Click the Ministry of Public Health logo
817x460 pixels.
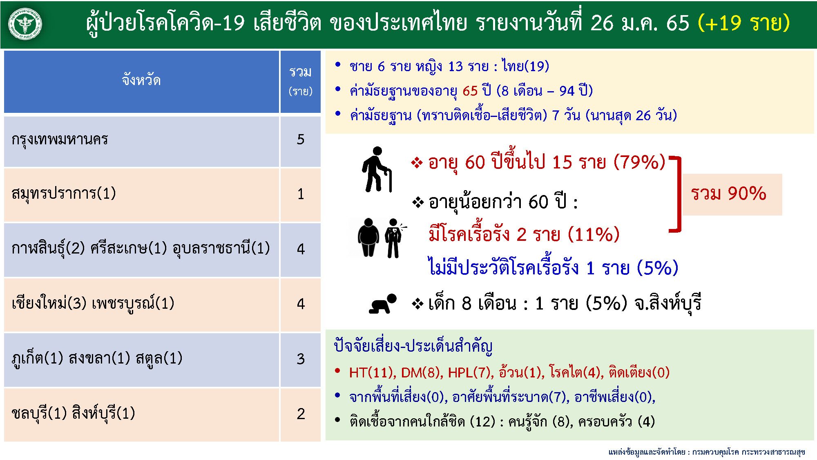click(25, 24)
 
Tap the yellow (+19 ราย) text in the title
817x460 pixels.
click(743, 23)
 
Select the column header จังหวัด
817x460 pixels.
click(141, 79)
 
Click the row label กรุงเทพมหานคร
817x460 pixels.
click(60, 139)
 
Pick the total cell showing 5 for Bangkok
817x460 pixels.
click(301, 139)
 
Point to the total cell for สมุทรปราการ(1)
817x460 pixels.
click(301, 194)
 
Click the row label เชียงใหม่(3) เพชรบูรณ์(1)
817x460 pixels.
click(93, 303)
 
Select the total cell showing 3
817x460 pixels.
click(301, 359)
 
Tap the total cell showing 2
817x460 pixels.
click(301, 414)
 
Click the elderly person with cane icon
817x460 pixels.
click(377, 169)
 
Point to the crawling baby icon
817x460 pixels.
click(383, 304)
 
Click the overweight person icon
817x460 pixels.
click(368, 238)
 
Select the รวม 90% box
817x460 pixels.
click(732, 194)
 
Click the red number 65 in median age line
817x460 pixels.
click(470, 91)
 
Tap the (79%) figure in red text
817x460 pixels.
click(640, 162)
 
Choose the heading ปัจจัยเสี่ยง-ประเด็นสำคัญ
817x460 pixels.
click(413, 346)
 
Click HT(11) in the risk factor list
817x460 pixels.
click(371, 372)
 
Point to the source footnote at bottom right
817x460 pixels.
click(706, 452)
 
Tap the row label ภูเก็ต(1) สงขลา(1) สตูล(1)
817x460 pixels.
click(97, 359)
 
